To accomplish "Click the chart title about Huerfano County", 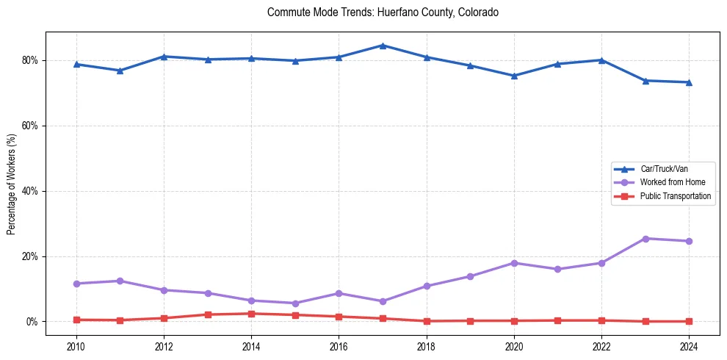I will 383,12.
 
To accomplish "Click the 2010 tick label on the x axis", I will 76,346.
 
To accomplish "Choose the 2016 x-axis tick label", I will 339,346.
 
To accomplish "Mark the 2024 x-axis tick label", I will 689,346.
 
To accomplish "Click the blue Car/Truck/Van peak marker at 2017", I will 383,46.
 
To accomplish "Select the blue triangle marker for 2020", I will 514,76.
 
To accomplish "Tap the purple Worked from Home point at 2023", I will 645,239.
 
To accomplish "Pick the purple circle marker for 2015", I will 295,303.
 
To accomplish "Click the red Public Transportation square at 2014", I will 251,314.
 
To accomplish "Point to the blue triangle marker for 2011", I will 120,71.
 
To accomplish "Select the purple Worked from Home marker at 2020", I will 514,263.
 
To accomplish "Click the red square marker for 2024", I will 689,321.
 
